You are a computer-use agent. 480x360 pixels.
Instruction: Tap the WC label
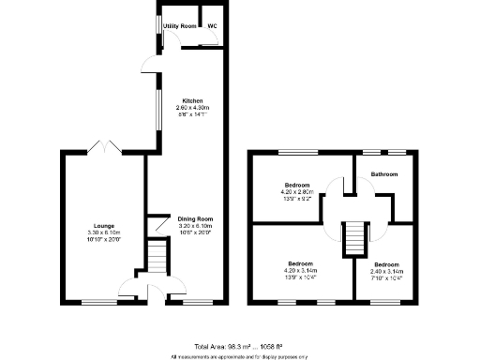(x=212, y=26)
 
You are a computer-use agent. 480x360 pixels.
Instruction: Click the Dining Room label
(x=195, y=219)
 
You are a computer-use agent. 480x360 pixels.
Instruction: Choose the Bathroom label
(x=384, y=174)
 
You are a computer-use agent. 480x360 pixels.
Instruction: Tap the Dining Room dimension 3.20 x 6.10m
(x=195, y=226)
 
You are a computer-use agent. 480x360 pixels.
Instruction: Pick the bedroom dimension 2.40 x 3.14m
(x=387, y=272)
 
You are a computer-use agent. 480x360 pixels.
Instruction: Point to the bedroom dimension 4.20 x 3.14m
(x=300, y=272)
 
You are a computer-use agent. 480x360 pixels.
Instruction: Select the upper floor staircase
(x=353, y=236)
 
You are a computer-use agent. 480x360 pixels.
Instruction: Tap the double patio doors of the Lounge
(x=103, y=146)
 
